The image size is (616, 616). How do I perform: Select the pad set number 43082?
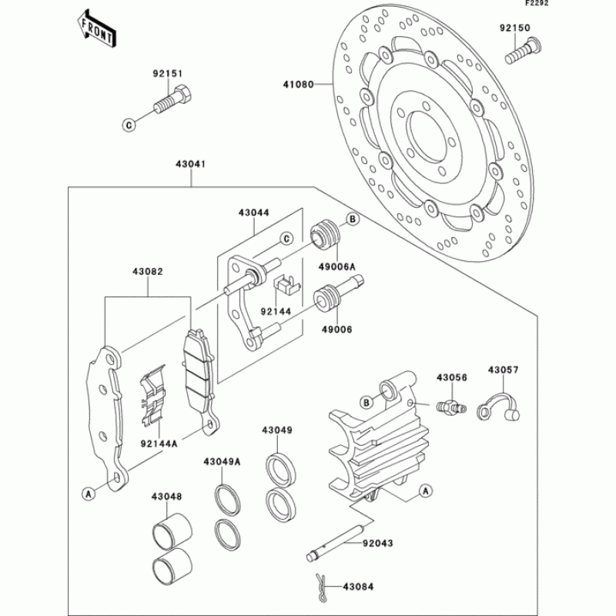[x=146, y=272]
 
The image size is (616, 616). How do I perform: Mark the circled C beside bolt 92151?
[x=129, y=123]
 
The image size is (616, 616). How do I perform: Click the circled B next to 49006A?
[x=352, y=220]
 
